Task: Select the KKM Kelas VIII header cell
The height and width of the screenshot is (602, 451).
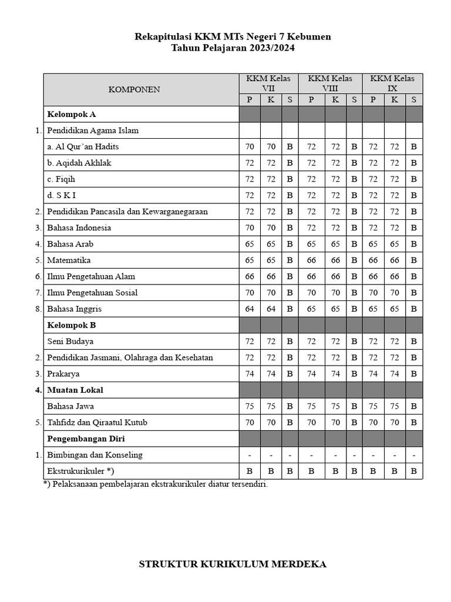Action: click(330, 83)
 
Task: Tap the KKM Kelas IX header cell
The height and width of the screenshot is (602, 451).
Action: click(392, 83)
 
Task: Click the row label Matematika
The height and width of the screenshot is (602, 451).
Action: click(69, 260)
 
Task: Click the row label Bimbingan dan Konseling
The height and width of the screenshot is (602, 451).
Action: click(95, 454)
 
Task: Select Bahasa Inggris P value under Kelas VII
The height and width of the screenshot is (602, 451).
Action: click(250, 309)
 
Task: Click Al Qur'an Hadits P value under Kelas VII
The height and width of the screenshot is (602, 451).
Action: click(250, 146)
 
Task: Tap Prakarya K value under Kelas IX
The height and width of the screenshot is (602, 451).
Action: click(395, 373)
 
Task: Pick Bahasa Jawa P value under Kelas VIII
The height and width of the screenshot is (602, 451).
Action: click(311, 406)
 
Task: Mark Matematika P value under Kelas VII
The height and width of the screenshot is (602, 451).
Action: click(250, 260)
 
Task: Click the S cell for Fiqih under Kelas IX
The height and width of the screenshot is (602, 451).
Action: click(413, 179)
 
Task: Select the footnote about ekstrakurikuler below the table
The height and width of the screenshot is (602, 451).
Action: click(155, 484)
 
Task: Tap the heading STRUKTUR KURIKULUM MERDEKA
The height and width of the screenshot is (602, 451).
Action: click(233, 564)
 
